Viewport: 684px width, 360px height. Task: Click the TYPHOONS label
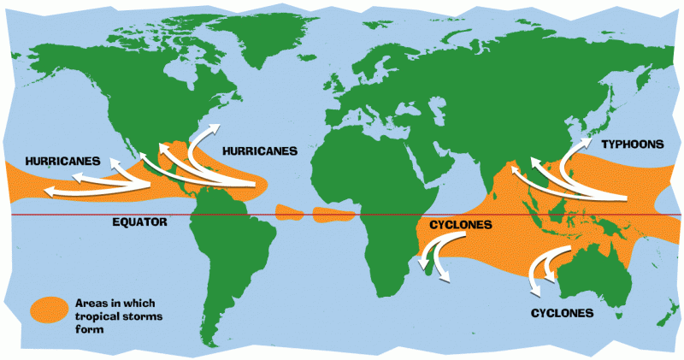coord(632,145)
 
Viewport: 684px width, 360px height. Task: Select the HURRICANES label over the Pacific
coord(63,161)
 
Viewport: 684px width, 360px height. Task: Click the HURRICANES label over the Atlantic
coord(259,150)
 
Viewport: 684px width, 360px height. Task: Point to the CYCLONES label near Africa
coord(461,225)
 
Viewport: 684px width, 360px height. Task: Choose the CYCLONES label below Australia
coord(562,314)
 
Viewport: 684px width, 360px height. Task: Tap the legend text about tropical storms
coord(108,316)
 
